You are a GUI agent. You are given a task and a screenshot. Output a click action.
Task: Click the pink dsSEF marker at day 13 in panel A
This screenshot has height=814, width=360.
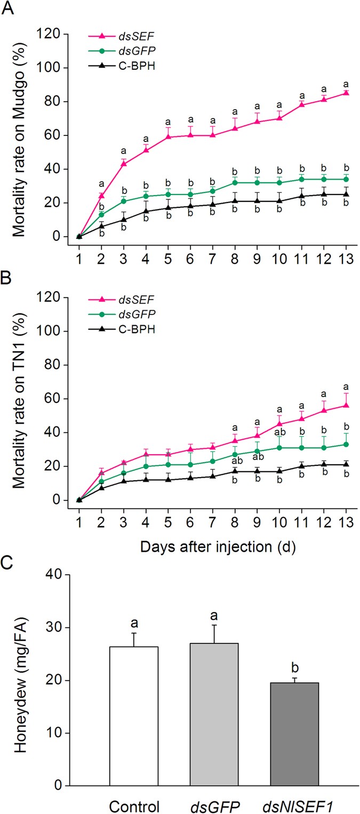coord(331,93)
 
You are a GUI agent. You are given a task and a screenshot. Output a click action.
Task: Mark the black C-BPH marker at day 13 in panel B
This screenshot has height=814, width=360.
coord(331,464)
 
